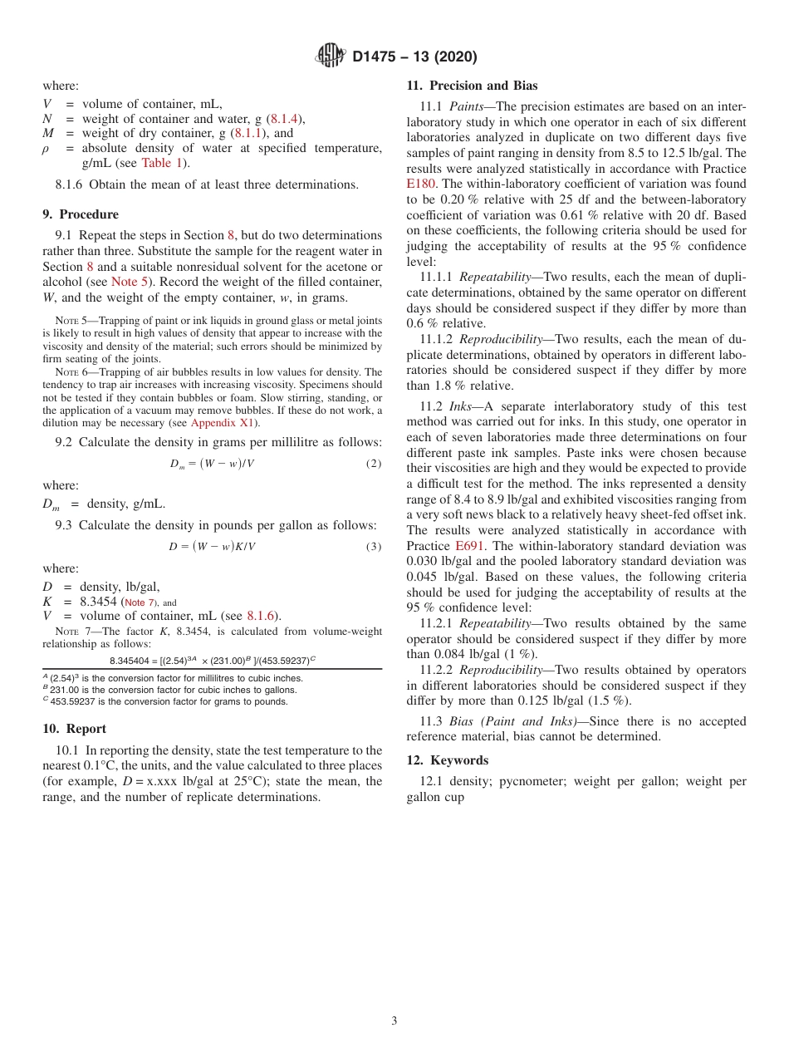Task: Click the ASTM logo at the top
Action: tap(331, 57)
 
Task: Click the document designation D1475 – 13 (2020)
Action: tap(414, 57)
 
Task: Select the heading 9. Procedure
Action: tap(81, 214)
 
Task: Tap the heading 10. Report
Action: tap(74, 729)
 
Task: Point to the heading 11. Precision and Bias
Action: tap(472, 86)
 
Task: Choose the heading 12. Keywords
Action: tap(447, 760)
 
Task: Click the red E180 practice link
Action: tap(420, 184)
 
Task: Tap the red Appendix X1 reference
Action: tap(224, 423)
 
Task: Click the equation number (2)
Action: tap(373, 464)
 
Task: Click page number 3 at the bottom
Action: tap(394, 1021)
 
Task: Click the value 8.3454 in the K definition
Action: tap(98, 602)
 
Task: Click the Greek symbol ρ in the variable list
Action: tap(47, 149)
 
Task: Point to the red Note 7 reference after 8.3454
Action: tap(139, 602)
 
